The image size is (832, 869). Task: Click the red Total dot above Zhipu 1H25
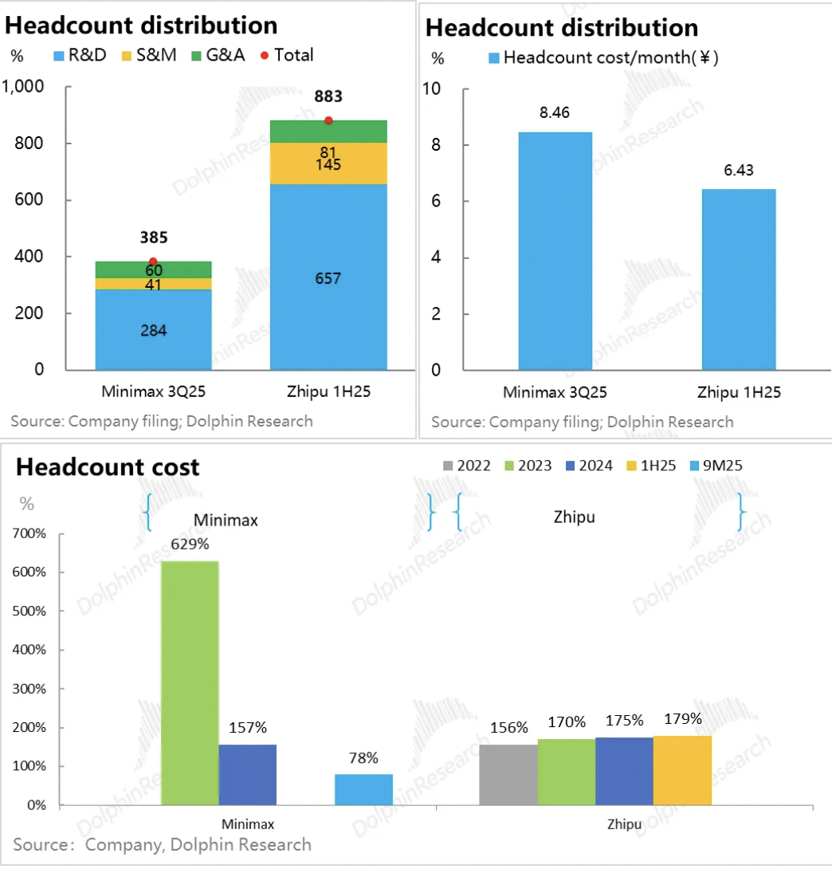pos(328,120)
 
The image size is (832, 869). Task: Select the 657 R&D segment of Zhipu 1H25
pos(328,277)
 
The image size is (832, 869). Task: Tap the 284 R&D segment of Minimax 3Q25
pos(153,329)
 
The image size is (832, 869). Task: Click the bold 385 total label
pos(153,238)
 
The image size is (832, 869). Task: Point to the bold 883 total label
pos(328,96)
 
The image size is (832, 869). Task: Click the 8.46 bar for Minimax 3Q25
pos(555,250)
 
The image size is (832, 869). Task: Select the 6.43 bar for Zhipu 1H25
pos(739,279)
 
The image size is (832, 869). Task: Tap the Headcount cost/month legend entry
pos(602,58)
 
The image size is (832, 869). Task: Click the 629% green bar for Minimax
pos(190,682)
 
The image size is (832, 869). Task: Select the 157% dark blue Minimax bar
pos(248,774)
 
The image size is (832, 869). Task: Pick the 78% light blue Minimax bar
pos(363,789)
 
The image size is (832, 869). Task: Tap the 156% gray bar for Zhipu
pos(508,774)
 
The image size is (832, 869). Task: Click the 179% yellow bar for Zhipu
pos(682,770)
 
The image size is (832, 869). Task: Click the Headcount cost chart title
pos(108,466)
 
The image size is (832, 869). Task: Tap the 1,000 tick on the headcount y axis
pos(27,87)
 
